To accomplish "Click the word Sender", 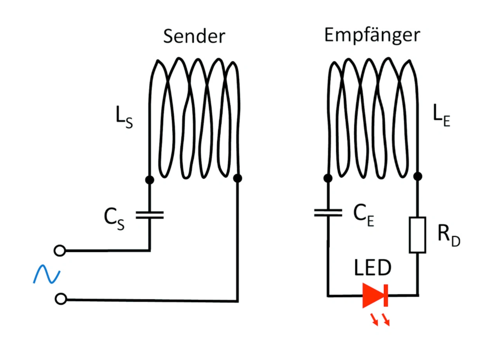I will (x=194, y=36).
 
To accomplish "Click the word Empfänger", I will (x=372, y=35).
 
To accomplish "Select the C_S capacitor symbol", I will (x=150, y=214).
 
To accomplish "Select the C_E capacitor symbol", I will (x=328, y=213).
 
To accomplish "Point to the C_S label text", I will (x=114, y=220).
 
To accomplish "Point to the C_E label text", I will (x=364, y=216).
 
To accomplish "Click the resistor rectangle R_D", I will (x=418, y=234).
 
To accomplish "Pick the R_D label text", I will (x=449, y=236).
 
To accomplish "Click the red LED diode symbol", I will (x=375, y=295).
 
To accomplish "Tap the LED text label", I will (x=373, y=269).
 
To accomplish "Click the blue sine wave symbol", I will (x=46, y=274).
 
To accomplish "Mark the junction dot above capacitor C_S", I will (x=149, y=180).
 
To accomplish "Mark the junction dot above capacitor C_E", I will (x=328, y=178).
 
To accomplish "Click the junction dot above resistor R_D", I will (x=418, y=176).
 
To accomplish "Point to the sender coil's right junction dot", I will (x=237, y=178).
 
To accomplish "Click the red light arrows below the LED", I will (x=380, y=319).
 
